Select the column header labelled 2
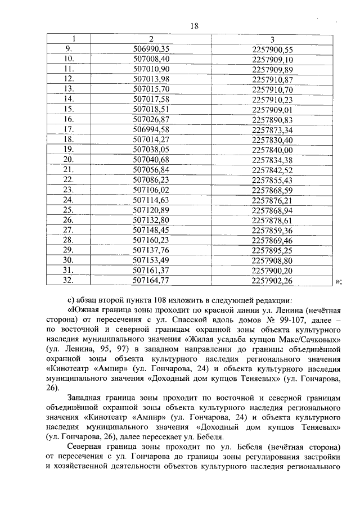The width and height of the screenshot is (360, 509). click(151, 39)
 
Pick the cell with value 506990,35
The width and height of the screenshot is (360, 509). click(151, 49)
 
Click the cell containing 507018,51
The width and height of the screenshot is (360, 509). click(151, 109)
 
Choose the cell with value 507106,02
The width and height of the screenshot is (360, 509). click(151, 190)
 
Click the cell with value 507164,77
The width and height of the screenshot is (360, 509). click(151, 280)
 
